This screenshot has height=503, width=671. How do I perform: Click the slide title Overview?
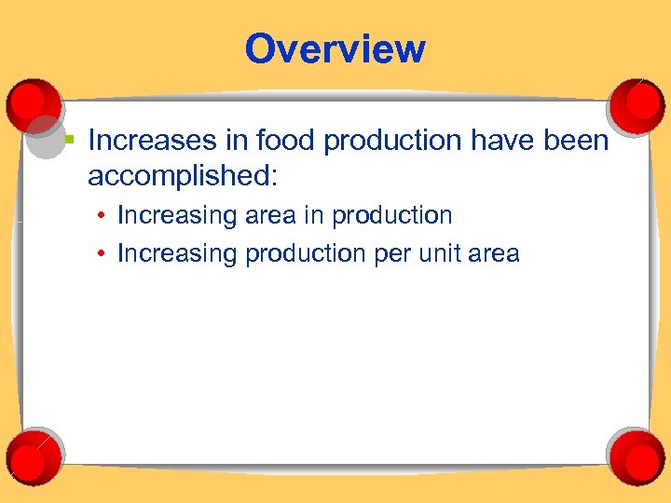click(x=335, y=48)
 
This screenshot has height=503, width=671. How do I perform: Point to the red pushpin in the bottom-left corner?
click(x=34, y=454)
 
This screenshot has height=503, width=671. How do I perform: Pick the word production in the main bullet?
click(x=384, y=142)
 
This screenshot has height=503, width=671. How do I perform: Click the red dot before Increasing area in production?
click(x=101, y=217)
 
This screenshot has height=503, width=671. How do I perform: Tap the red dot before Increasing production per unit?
click(x=101, y=254)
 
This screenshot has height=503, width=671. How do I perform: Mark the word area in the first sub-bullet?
click(x=272, y=216)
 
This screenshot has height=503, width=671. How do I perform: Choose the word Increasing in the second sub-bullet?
click(x=177, y=254)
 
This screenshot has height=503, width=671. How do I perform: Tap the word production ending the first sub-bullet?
click(x=392, y=216)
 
